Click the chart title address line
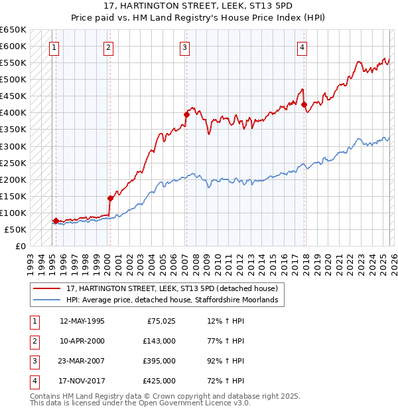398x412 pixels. coord(199,6)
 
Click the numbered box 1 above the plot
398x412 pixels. coord(54,47)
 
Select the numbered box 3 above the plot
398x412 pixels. coord(184,47)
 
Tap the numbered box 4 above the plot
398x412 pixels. coord(302,47)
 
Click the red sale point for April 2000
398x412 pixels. coord(110,198)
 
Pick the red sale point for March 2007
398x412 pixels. coord(186,114)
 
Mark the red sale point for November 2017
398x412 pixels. coord(304,104)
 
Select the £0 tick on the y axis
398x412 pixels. coord(21,246)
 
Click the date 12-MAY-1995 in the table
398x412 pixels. coord(82,321)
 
